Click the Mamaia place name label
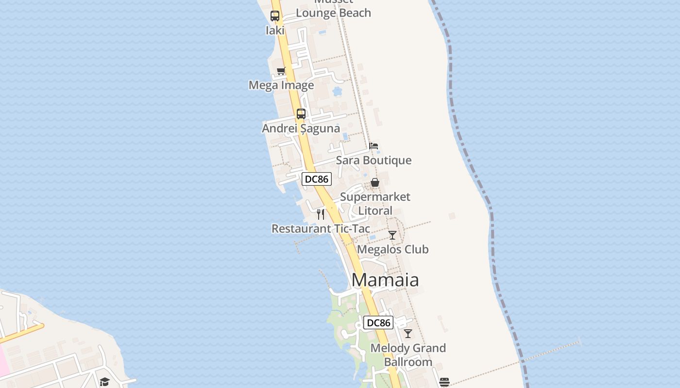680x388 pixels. [x=385, y=280]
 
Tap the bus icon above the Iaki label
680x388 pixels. [x=275, y=16]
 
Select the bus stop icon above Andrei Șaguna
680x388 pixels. [x=301, y=114]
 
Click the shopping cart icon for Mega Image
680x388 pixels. [x=281, y=71]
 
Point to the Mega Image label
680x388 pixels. [x=281, y=85]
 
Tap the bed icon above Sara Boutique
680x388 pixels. [x=374, y=145]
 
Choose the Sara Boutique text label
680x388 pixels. [x=374, y=160]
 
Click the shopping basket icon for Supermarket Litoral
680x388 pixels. [x=375, y=182]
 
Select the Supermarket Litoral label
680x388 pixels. [x=375, y=204]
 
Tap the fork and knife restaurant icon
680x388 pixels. [x=321, y=214]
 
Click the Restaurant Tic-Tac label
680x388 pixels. [x=321, y=228]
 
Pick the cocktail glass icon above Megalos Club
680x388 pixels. [x=392, y=235]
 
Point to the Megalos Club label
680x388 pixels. [x=392, y=249]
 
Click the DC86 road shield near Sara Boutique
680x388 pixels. [x=317, y=179]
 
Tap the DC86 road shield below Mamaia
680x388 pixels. [x=378, y=323]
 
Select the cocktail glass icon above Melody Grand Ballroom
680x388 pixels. [x=408, y=334]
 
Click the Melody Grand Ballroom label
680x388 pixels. [x=408, y=355]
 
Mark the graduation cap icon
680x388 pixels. [x=104, y=382]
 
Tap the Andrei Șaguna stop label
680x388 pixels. [x=301, y=129]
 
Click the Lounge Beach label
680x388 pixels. [x=333, y=13]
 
